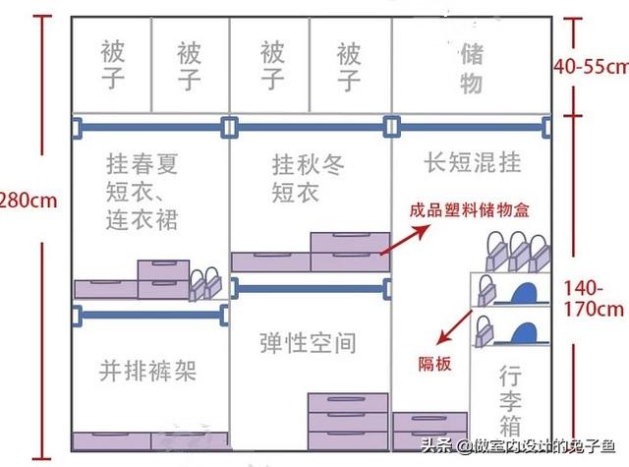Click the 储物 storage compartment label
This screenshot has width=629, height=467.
pos(472,69)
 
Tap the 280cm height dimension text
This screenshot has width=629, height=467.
pos(29,201)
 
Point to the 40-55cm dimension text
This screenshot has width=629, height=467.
pos(592,67)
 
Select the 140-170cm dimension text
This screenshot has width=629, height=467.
pos(594,299)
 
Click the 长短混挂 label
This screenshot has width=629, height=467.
pos(473,162)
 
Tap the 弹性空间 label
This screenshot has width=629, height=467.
pos(308,343)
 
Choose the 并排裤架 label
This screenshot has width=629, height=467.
pos(147,371)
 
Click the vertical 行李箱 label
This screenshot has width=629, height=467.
pos(510,400)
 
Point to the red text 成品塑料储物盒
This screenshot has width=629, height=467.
pos(470,210)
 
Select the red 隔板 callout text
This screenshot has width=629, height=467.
pos(434,364)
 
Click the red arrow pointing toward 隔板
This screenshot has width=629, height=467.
pos(454,327)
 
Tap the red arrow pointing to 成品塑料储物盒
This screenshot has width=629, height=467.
pos(405,240)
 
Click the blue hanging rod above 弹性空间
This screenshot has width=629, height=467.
pos(311,288)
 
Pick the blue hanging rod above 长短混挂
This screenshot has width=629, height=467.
pos(470,127)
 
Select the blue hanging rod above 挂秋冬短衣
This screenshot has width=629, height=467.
pos(311,127)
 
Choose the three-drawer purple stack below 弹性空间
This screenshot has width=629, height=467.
pos(348,421)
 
